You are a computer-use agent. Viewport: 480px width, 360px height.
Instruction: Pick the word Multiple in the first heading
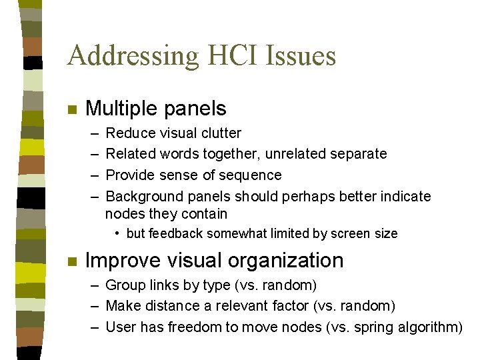[123, 109]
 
